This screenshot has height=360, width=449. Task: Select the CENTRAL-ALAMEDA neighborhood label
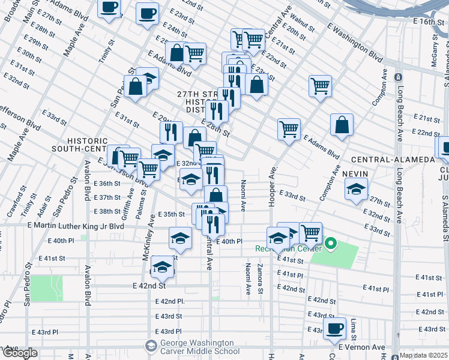coord(393,160)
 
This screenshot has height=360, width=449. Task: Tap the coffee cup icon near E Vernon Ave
coord(335,328)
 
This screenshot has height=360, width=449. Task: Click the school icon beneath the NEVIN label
coord(356,190)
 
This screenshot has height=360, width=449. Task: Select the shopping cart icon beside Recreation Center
coord(310,233)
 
